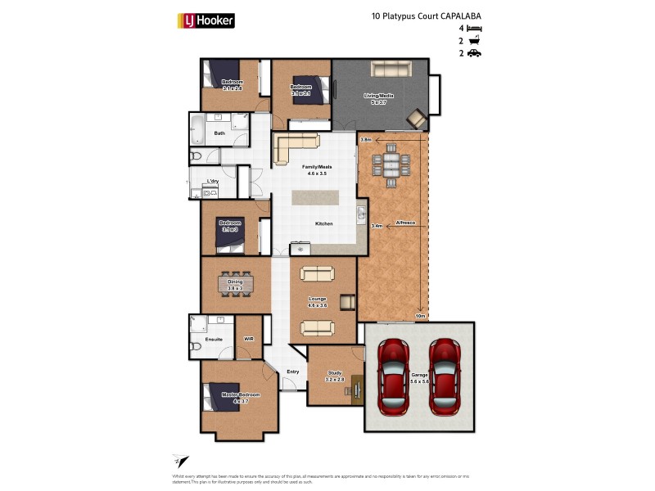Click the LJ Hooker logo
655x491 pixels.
coord(206,20)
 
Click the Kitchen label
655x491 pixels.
coord(324,223)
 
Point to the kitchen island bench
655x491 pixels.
coord(321,199)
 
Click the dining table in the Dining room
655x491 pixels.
coord(235,284)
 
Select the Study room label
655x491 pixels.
coord(335,376)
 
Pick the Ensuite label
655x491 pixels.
coord(202,338)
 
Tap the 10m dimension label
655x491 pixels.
coord(420,315)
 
